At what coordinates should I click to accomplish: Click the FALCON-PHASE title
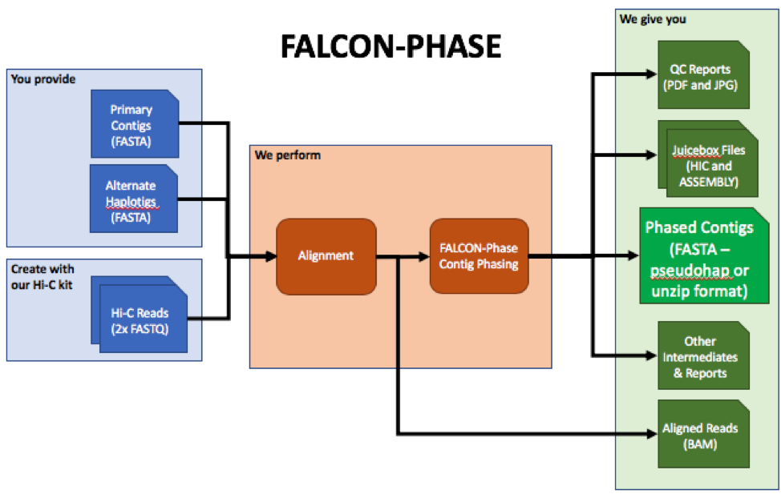391,46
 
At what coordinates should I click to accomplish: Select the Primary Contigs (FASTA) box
135,124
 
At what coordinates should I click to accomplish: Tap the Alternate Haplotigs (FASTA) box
133,199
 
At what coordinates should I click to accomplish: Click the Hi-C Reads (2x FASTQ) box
140,315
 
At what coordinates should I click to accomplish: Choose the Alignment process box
326,256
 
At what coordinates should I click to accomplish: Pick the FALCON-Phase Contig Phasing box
480,255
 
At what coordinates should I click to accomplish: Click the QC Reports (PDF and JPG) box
704,74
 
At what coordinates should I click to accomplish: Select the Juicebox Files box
708,159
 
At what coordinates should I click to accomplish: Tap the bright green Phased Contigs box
704,255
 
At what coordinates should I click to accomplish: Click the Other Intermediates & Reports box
704,355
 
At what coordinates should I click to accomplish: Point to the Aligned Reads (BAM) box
704,434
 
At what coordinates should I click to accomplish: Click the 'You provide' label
43,79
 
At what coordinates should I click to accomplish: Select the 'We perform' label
287,155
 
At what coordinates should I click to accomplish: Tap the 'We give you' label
653,19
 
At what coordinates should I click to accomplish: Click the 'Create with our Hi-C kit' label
42,277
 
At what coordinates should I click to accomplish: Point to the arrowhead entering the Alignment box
272,257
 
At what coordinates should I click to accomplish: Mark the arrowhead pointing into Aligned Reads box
652,434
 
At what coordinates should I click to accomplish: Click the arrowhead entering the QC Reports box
652,74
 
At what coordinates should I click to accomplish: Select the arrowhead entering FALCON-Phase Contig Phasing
424,257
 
